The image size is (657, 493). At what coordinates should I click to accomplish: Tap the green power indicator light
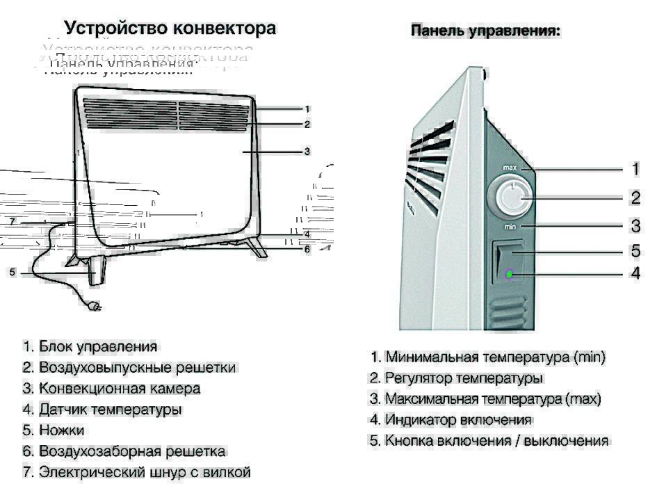tap(510, 273)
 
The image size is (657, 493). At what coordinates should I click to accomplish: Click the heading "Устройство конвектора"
tap(170, 29)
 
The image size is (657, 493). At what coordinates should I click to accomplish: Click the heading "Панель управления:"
tap(486, 31)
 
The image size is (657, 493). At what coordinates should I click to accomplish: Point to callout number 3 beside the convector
tap(307, 151)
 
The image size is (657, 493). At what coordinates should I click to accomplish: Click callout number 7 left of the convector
tap(12, 222)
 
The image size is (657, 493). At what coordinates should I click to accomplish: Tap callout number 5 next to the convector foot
tap(12, 273)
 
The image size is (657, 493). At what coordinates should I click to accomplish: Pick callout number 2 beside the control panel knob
tap(635, 198)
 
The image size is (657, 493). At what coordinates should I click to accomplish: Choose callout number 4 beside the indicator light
tap(635, 273)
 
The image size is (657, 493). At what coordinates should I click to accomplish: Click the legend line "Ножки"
tap(52, 430)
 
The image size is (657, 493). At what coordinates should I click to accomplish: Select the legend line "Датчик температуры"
tap(102, 410)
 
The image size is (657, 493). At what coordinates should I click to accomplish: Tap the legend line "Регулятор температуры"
tap(456, 378)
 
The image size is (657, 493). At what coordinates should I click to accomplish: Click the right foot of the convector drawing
tap(259, 249)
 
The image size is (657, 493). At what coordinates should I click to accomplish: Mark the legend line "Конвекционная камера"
tap(111, 389)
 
